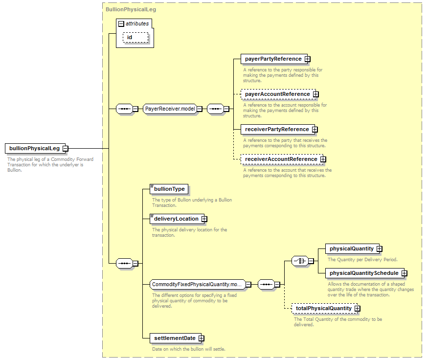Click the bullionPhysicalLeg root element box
point(35,148)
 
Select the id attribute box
point(135,37)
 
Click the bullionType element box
point(169,189)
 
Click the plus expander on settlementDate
point(201,338)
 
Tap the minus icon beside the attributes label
point(121,24)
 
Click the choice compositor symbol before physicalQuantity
point(300,261)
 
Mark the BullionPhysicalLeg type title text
point(131,9)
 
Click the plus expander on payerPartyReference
point(308,59)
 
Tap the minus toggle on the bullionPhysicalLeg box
point(66,148)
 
